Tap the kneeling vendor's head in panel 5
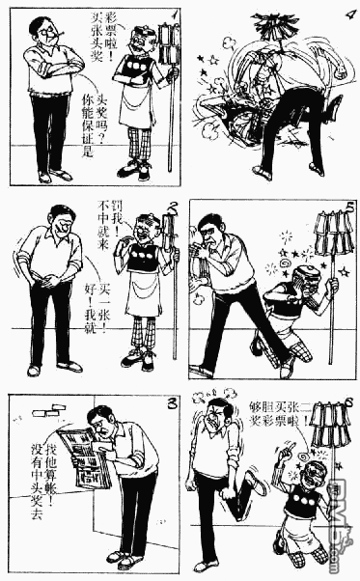(x=301, y=277)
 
